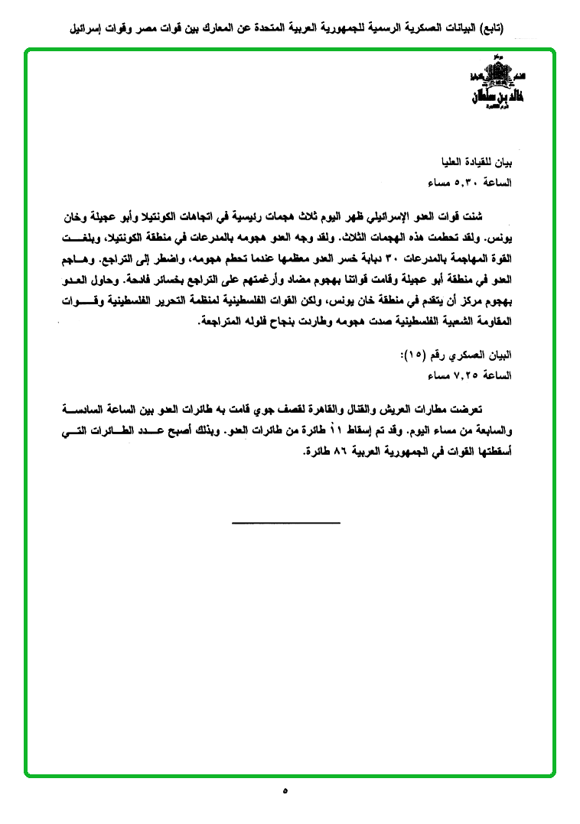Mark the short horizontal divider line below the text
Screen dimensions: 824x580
tap(285, 523)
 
